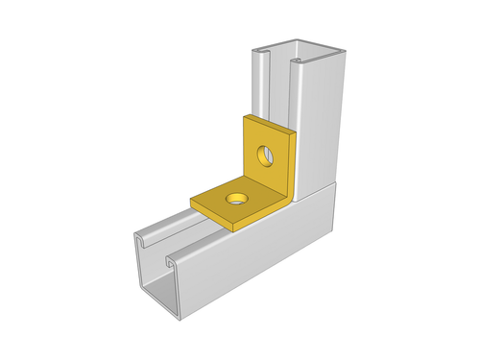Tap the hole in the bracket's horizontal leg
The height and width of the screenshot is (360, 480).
(x=234, y=200)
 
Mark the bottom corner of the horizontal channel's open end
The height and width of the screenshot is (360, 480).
(x=175, y=316)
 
